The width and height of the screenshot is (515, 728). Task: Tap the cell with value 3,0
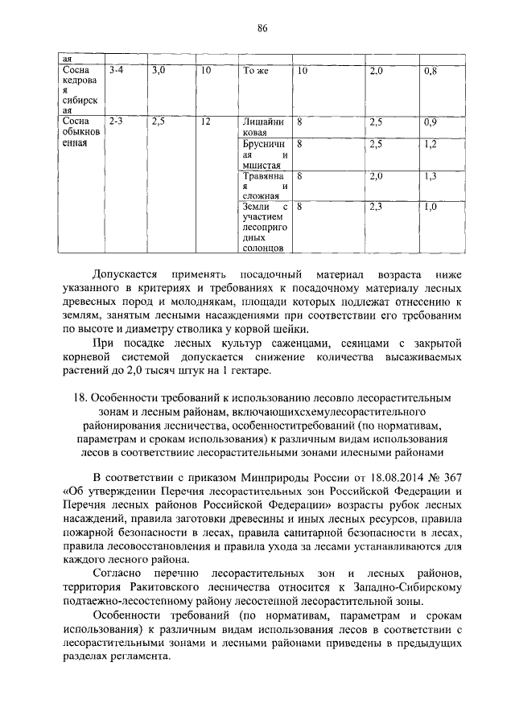[x=158, y=72]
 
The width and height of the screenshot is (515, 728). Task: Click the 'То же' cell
[x=255, y=72]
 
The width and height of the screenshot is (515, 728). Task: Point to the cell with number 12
[x=206, y=121]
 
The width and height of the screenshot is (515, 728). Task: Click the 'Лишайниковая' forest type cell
[x=265, y=127]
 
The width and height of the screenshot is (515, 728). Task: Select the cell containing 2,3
[x=377, y=207]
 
